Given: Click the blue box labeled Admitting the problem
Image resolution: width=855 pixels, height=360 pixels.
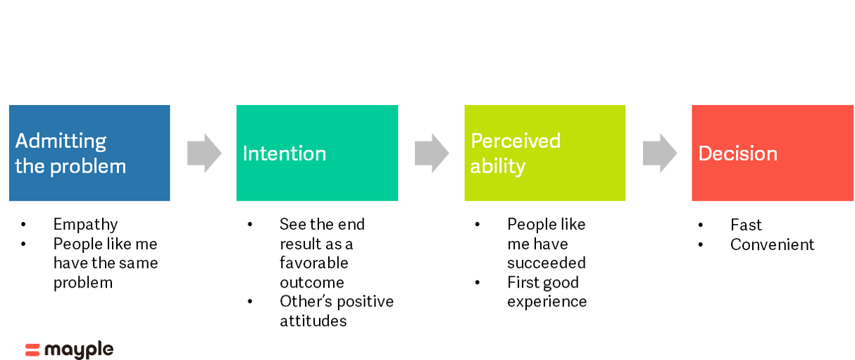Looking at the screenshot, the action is (x=89, y=153).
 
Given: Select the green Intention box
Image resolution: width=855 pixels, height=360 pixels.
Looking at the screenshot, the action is (x=317, y=153).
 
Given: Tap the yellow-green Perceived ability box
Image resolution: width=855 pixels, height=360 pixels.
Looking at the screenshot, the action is (x=544, y=153).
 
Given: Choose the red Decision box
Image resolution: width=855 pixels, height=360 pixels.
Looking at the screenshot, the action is (x=773, y=153).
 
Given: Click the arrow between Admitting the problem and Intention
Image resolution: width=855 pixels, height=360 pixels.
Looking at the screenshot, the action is (x=204, y=153).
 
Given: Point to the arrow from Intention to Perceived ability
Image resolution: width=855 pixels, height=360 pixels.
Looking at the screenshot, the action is (x=432, y=153).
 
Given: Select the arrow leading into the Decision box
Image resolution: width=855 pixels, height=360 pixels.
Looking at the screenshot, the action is (x=660, y=153).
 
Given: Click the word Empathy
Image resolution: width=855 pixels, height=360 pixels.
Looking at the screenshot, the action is (x=85, y=225).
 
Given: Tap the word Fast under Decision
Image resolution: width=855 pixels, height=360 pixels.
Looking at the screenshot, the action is (x=746, y=225).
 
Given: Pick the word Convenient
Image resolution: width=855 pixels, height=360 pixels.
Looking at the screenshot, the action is (x=772, y=244).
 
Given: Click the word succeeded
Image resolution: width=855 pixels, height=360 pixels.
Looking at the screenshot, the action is (x=547, y=263).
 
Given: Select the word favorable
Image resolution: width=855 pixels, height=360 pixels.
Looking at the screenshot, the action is (x=313, y=263).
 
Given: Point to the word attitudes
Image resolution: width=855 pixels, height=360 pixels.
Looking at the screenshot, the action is (x=313, y=321).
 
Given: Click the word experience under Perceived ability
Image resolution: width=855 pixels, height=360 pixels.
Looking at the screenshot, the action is (x=547, y=302).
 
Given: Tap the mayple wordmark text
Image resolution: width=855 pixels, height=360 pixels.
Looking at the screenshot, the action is (x=79, y=349).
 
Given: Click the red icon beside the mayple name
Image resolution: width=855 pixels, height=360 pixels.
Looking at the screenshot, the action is (x=32, y=350).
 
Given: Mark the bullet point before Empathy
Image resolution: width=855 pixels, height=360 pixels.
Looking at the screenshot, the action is (x=23, y=225).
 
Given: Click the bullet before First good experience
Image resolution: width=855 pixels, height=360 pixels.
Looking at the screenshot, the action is (x=477, y=283).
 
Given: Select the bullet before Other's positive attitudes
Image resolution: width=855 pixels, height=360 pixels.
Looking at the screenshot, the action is (x=249, y=302).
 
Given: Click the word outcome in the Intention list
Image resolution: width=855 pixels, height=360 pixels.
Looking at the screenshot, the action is (x=312, y=283).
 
